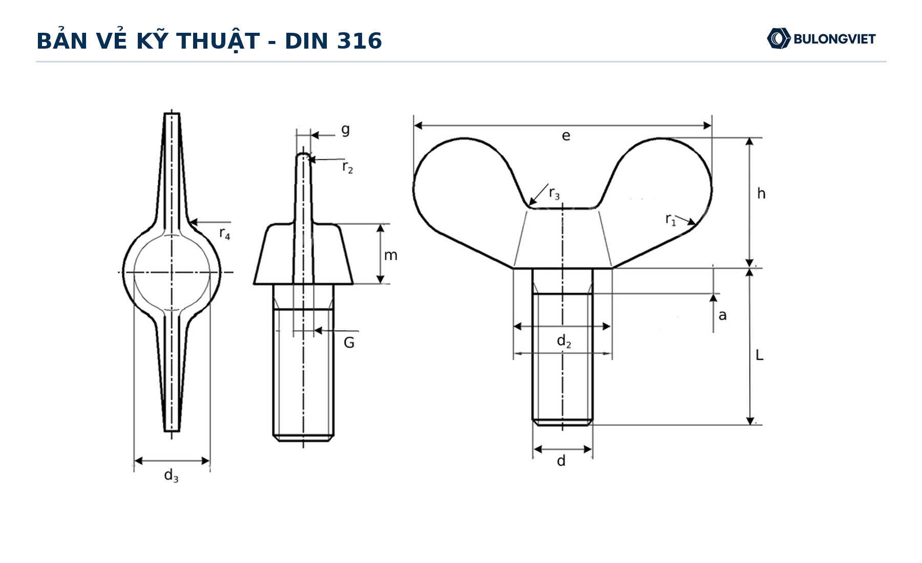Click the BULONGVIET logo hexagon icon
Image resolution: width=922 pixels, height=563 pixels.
click(x=779, y=38)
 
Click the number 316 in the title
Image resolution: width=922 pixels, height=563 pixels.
click(x=359, y=41)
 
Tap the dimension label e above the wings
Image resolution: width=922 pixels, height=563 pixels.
click(x=566, y=136)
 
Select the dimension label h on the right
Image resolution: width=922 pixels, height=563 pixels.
click(x=761, y=193)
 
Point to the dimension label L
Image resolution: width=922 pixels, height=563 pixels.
click(x=760, y=355)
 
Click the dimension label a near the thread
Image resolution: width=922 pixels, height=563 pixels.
click(x=722, y=315)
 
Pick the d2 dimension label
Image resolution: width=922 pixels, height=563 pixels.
click(x=564, y=341)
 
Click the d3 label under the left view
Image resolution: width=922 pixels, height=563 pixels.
click(x=171, y=476)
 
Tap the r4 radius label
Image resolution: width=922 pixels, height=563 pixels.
click(x=224, y=233)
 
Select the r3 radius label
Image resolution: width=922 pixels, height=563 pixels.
click(x=554, y=193)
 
